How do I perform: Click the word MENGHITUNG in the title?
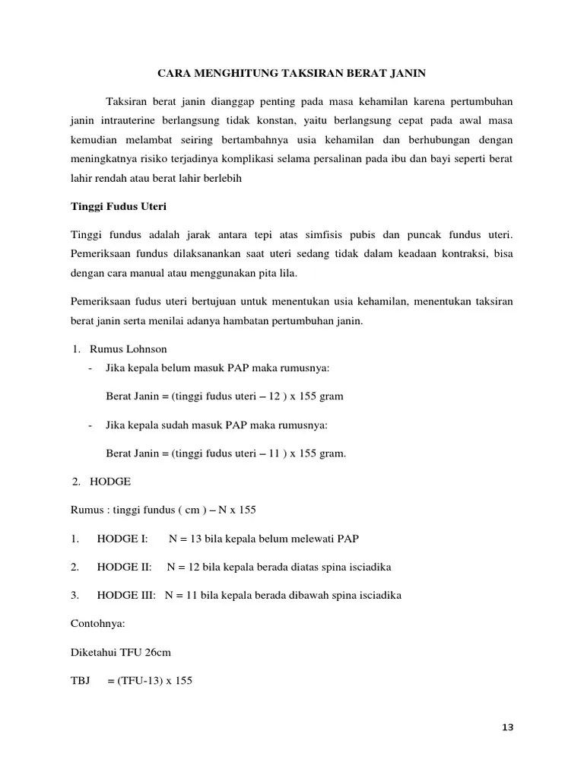pos(235,74)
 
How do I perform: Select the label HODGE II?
pos(124,567)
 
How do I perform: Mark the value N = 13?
pos(186,539)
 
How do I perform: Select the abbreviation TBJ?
pos(80,681)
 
